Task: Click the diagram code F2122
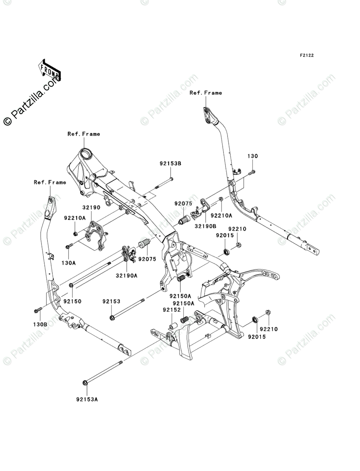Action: pos(306,56)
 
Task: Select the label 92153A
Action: pos(87,400)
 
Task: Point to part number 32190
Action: pos(91,208)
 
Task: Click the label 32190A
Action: pos(126,276)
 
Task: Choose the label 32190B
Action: pos(205,226)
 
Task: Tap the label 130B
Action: pos(40,324)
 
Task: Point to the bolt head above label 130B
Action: pos(37,310)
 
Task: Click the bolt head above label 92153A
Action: pos(85,382)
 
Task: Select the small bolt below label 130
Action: pos(252,172)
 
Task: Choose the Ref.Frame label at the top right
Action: pos(206,93)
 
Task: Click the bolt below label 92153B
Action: pos(171,180)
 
